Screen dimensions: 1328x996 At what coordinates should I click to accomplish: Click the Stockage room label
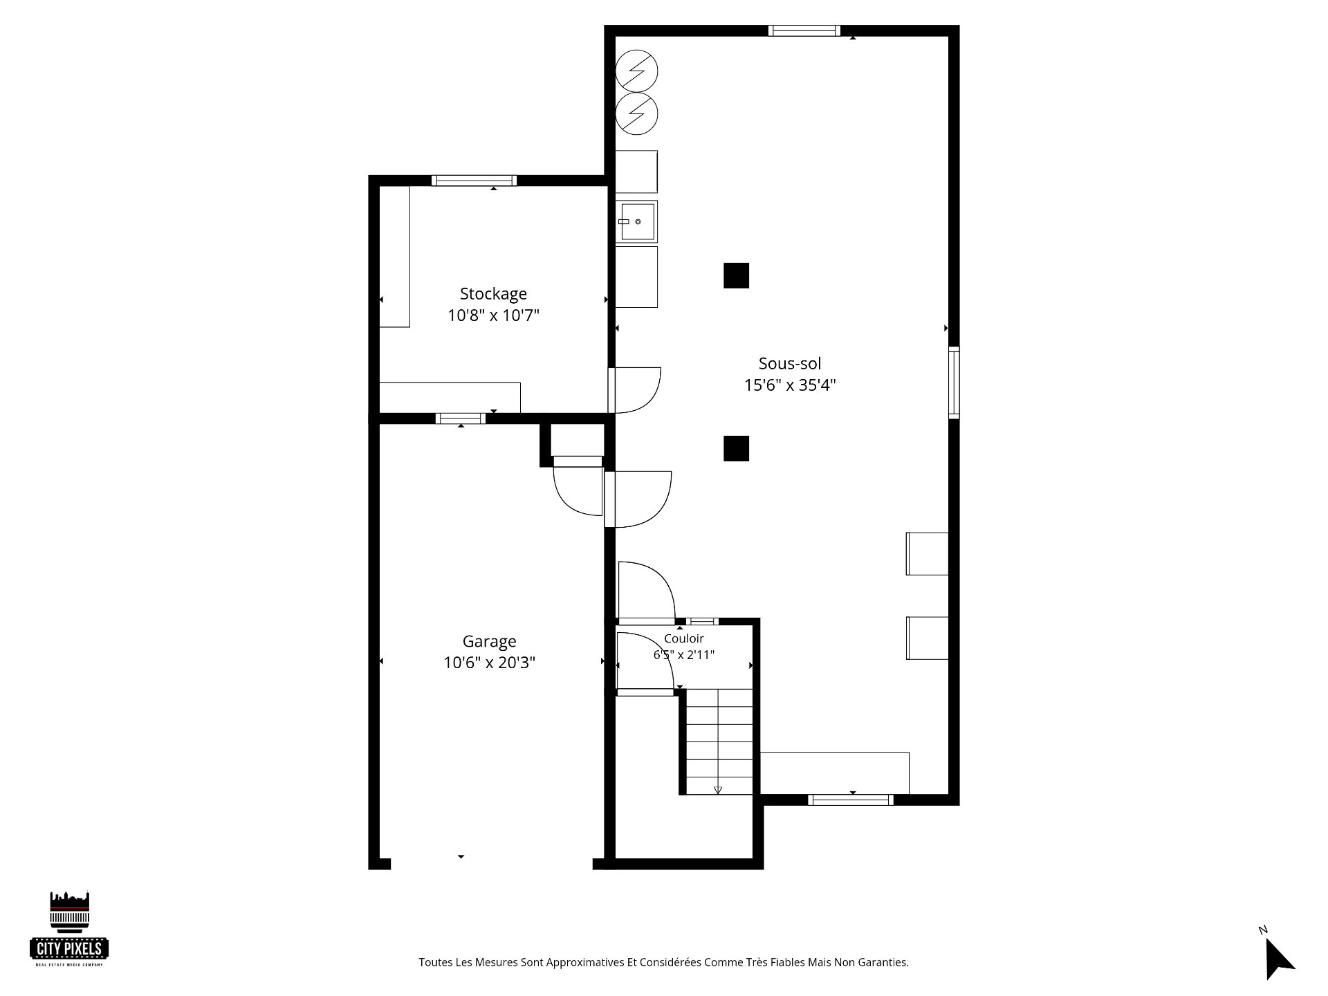click(493, 294)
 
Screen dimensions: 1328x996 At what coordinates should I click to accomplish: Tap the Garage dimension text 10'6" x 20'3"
click(490, 663)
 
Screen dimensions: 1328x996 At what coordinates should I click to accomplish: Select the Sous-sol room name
click(790, 363)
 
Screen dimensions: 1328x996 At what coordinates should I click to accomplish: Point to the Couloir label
click(684, 638)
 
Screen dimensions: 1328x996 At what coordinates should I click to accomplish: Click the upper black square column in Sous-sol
click(736, 275)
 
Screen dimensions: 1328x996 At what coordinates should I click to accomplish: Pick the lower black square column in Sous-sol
click(736, 448)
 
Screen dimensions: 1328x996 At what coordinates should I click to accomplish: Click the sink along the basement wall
click(637, 221)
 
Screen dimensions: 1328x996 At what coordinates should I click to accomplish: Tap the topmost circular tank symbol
click(636, 71)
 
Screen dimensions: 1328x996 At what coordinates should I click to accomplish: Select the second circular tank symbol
click(636, 113)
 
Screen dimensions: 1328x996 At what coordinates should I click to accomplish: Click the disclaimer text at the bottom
click(663, 962)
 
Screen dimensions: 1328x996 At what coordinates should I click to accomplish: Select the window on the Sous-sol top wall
click(804, 30)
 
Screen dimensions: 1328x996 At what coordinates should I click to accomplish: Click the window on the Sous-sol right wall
click(954, 382)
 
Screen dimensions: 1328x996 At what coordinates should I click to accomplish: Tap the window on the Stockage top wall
click(474, 181)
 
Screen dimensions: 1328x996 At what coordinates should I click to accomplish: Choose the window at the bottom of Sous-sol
click(851, 800)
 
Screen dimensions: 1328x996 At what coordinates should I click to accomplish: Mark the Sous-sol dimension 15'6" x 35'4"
click(790, 385)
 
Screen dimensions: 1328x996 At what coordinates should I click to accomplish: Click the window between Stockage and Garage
click(461, 418)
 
